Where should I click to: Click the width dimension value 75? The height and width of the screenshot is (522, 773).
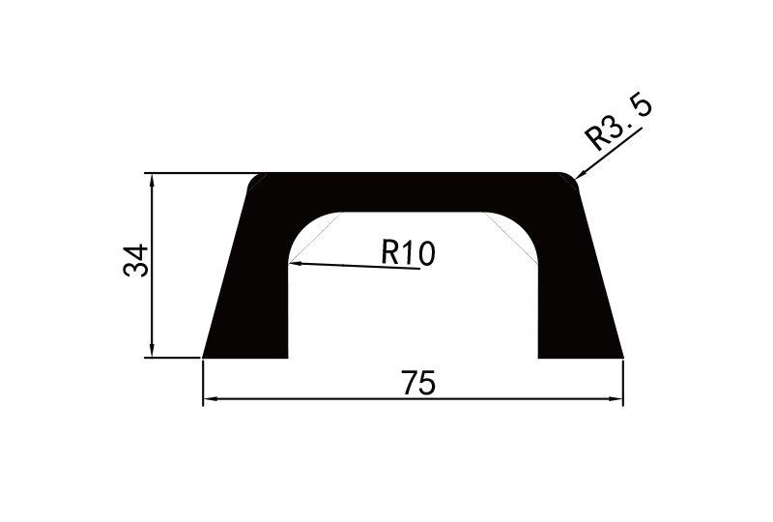tap(418, 384)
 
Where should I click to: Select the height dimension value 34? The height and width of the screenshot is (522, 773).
tap(137, 261)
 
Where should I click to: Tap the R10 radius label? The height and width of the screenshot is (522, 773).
tap(408, 253)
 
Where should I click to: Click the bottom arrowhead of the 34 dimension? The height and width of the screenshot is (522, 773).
tap(152, 351)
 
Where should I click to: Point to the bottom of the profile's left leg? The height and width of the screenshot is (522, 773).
tap(246, 355)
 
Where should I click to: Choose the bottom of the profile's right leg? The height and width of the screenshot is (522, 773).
tap(580, 355)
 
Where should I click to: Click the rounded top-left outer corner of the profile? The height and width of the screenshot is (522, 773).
tap(255, 180)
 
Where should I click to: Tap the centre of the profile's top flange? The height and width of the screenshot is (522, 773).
tap(414, 191)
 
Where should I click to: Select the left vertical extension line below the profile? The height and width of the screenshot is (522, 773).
tap(203, 382)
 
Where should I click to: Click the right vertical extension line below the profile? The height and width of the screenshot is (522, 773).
tap(623, 382)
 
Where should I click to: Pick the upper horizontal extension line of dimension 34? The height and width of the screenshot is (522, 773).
tap(198, 173)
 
